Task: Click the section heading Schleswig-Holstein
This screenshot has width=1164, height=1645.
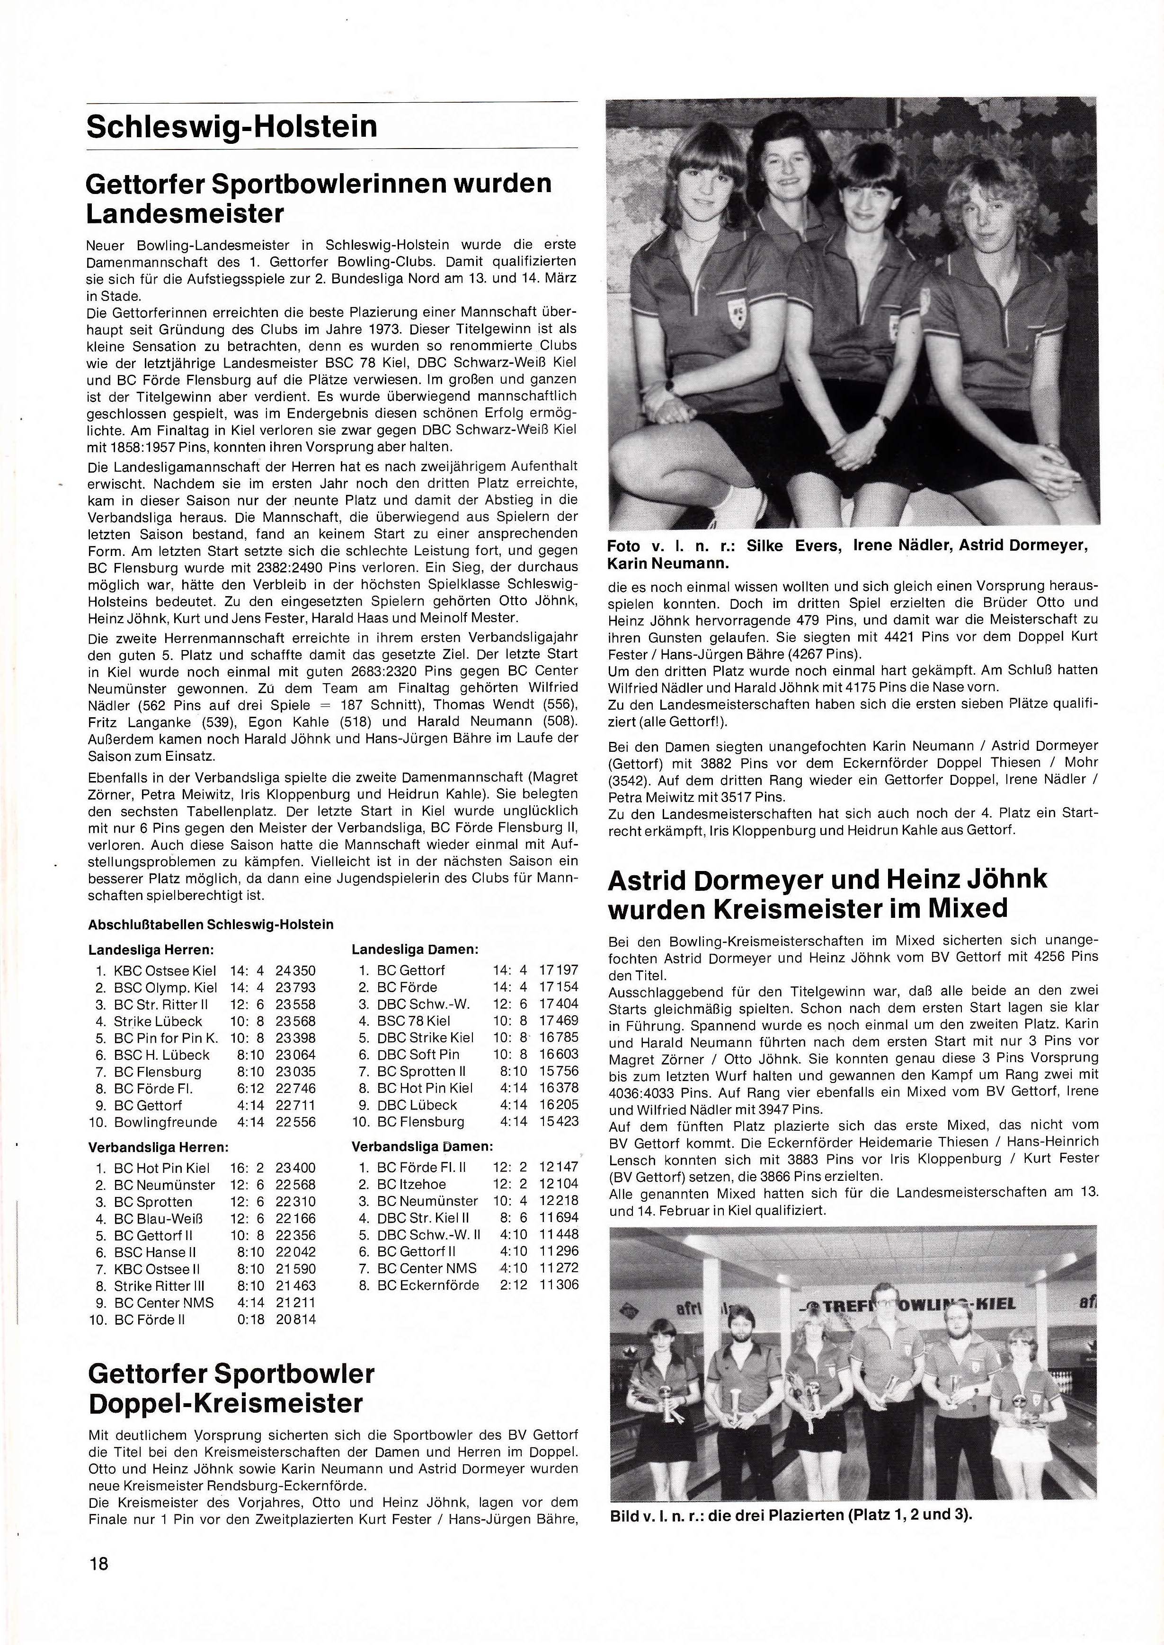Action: [x=231, y=127]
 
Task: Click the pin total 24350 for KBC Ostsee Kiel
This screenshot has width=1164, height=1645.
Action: [x=295, y=971]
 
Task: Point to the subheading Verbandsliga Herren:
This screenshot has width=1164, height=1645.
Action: [x=158, y=1147]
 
